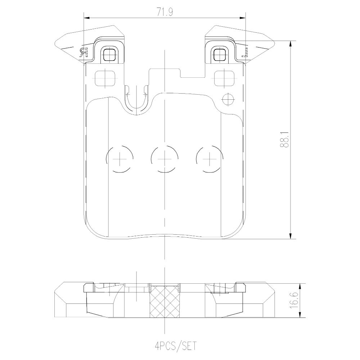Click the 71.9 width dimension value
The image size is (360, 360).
coord(165,12)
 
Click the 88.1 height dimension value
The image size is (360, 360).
coord(285,139)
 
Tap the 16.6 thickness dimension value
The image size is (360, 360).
coord(295,301)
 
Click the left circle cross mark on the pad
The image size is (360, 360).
coord(120,159)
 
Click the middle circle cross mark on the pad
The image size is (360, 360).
coord(165,159)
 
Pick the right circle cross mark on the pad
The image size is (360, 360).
coord(210,159)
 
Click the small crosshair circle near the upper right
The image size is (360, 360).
coord(228,99)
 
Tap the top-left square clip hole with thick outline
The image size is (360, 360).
coord(109,54)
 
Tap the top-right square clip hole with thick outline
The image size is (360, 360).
coord(220,54)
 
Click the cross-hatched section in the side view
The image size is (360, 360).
coord(165,301)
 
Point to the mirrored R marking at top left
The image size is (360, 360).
coord(84,53)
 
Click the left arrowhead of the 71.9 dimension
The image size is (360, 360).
coord(87,18)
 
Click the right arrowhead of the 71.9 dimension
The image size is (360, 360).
coord(242,18)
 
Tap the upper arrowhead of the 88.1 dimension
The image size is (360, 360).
coord(291,44)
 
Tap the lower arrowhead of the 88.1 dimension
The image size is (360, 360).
coord(291,236)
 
